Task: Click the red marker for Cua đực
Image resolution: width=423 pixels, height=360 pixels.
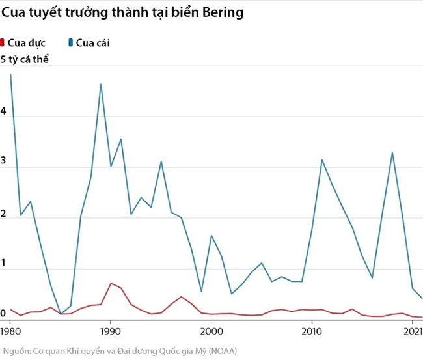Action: pos(3,43)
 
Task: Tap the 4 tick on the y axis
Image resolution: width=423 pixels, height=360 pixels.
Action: pos(3,111)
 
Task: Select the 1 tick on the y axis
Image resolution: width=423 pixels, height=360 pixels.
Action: pos(3,264)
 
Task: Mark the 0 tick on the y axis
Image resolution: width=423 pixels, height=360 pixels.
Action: pos(3,314)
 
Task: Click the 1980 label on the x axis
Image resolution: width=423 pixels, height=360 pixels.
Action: pos(10,332)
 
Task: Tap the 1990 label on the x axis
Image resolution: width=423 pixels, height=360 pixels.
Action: pos(111,332)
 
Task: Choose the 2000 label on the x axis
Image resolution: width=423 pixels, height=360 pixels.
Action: pos(211,332)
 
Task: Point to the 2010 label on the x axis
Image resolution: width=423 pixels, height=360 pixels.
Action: pos(312,332)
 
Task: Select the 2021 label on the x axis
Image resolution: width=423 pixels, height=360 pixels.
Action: pos(413,332)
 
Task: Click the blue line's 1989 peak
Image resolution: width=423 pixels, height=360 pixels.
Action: pos(101,84)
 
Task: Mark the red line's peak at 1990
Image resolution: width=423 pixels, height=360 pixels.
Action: pos(111,283)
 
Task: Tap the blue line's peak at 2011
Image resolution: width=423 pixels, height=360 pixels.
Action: pos(321,159)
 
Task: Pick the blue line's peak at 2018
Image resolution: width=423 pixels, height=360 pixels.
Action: pos(392,152)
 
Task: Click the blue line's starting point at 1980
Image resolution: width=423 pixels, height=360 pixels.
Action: pos(11,75)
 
